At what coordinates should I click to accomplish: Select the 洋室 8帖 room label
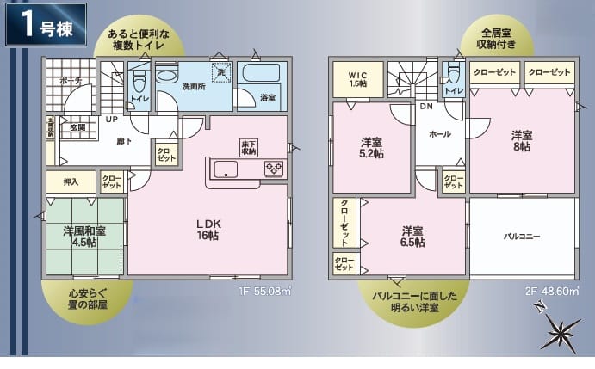coord(521,141)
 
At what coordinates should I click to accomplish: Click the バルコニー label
coord(522,235)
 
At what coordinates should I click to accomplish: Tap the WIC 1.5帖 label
coord(358,79)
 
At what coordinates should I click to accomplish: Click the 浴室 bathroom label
coord(268,98)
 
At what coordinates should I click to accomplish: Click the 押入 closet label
coord(70,181)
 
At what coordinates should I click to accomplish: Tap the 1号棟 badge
coord(47,25)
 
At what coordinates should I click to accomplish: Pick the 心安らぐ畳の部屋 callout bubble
coord(88,302)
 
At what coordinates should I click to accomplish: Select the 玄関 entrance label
coord(77,127)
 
